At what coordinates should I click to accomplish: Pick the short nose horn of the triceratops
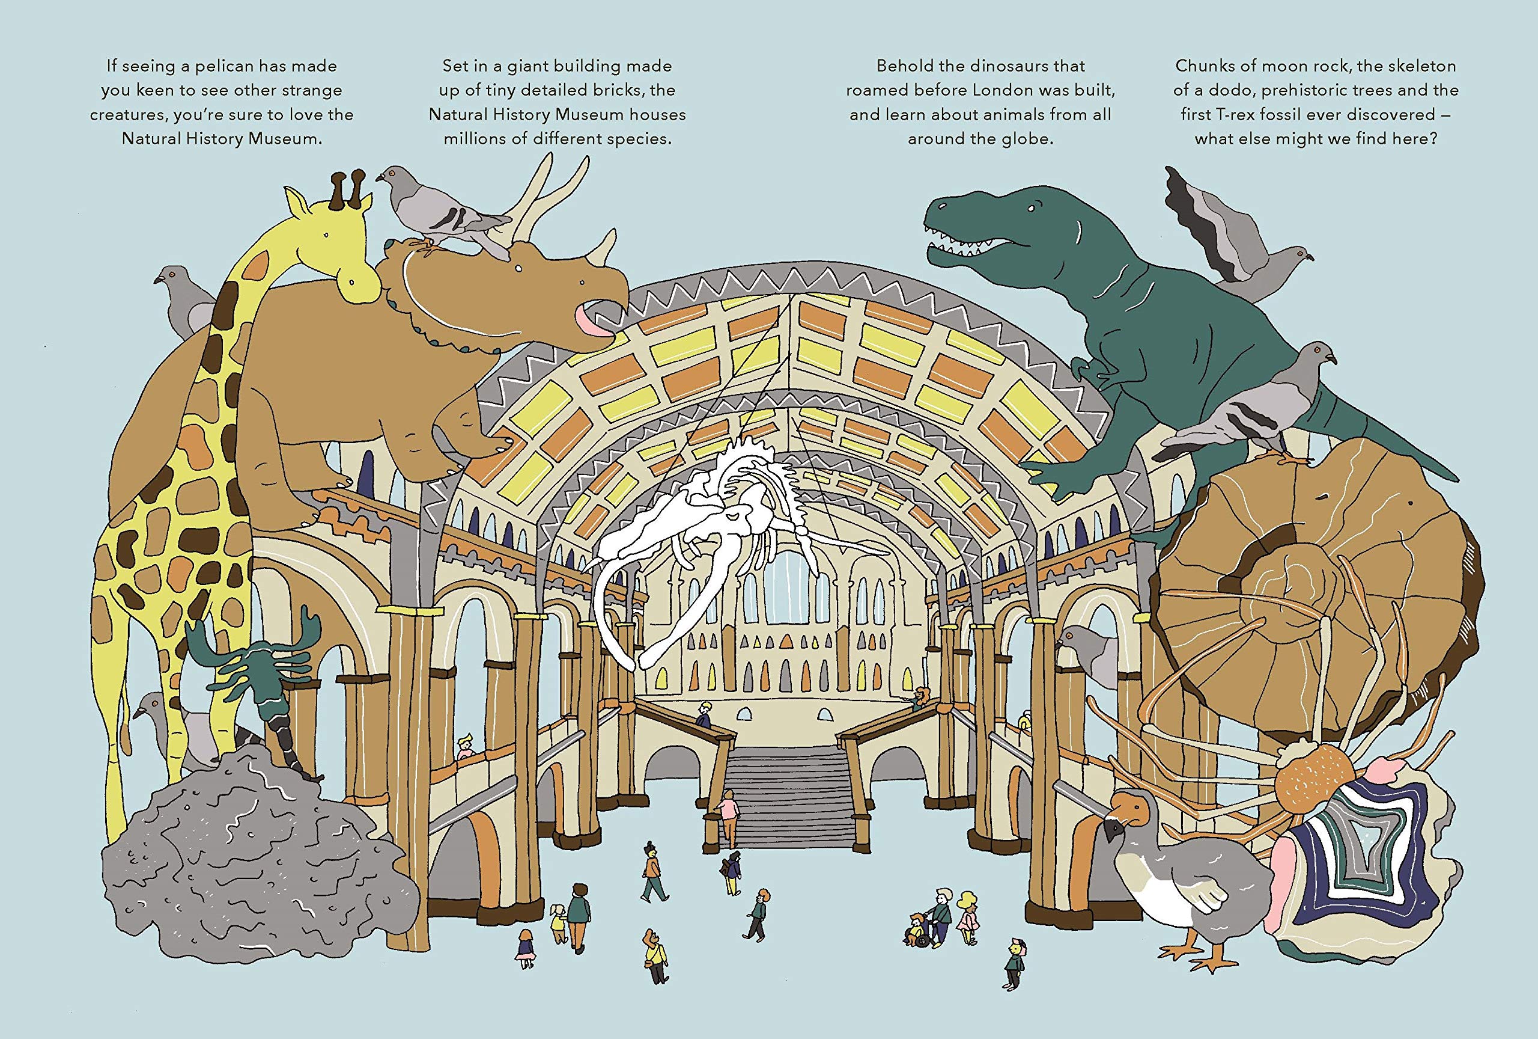coord(604,248)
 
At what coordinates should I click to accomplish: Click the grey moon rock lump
coord(258,854)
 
